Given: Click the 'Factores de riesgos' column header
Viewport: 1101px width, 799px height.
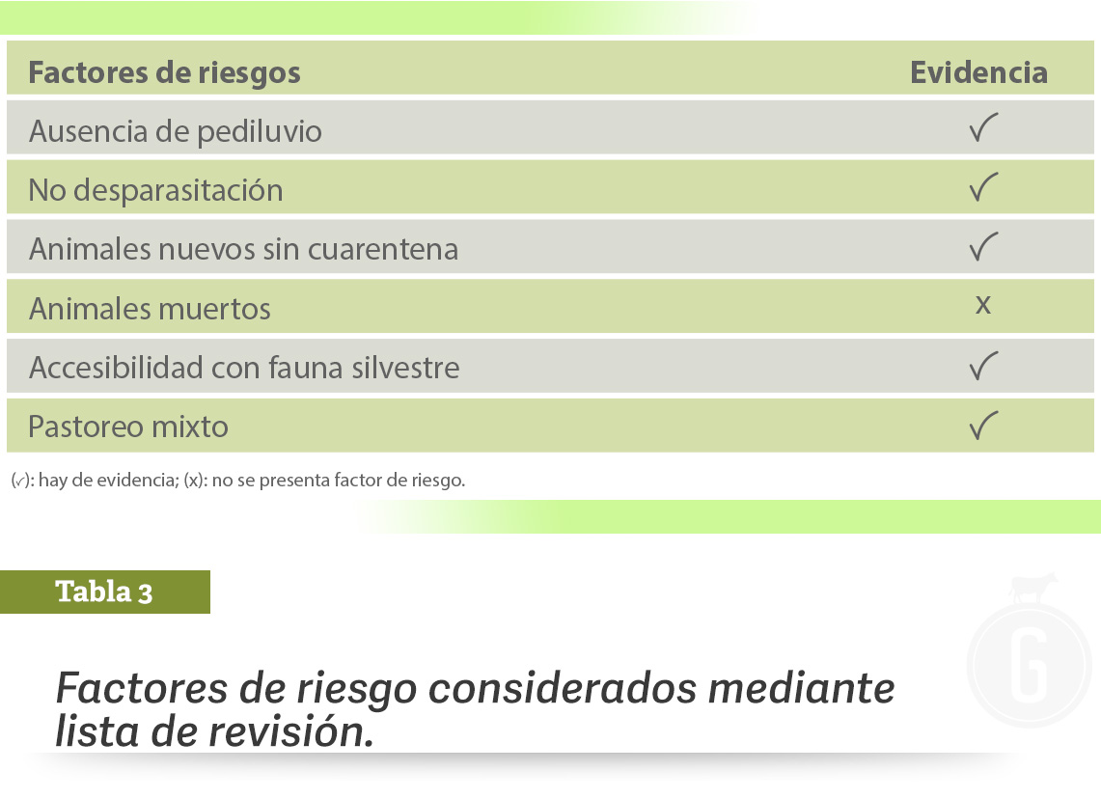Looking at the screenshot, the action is [164, 73].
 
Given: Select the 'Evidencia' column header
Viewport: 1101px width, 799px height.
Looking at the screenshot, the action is [978, 72].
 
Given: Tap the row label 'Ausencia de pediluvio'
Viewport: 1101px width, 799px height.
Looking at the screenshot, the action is [176, 132].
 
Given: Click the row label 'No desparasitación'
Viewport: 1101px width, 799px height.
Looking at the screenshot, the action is [156, 191].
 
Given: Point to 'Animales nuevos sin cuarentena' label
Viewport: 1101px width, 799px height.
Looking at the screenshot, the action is [244, 249].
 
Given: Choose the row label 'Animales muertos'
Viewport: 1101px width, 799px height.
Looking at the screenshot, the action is [150, 309].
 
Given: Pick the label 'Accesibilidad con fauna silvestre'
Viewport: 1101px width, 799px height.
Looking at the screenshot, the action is [244, 368].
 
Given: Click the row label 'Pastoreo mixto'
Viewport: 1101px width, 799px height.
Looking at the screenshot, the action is [128, 427].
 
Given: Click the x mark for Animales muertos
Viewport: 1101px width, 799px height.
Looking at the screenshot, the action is [983, 305].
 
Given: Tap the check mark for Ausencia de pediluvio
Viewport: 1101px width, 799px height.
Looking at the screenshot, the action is [983, 127].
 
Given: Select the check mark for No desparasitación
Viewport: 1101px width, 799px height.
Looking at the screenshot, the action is [983, 187].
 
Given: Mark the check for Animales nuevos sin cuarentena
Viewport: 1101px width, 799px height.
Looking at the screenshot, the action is [983, 247].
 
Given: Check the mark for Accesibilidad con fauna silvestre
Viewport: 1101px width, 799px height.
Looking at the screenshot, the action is [983, 366].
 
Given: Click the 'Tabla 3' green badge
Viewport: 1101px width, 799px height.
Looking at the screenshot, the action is [105, 592].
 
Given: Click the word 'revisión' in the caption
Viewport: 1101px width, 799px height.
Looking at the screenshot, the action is [291, 731].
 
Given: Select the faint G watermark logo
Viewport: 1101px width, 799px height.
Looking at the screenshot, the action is [1030, 664].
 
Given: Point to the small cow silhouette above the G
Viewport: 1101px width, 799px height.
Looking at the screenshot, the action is [1032, 588].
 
